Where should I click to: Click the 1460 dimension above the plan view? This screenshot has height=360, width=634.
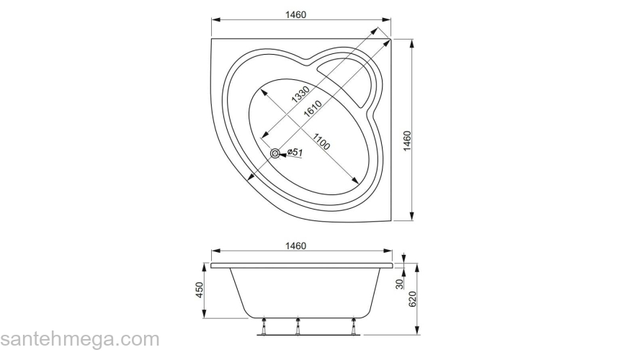tap(301, 15)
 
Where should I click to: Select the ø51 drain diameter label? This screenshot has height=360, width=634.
tap(294, 153)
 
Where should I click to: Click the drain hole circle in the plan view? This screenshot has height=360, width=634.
tap(275, 153)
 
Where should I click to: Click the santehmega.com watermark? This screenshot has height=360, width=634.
tap(79, 339)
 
